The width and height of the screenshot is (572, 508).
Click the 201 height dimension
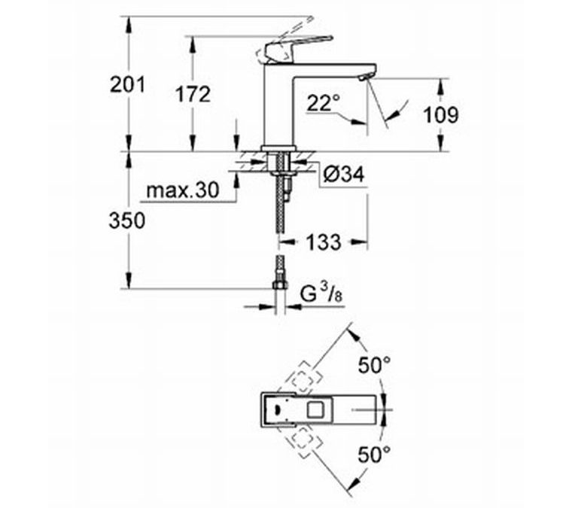pyautogui.click(x=128, y=84)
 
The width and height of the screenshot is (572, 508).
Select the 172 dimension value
pyautogui.click(x=193, y=94)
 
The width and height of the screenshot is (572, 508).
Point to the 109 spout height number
pyautogui.click(x=441, y=115)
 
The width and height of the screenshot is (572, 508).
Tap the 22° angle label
pyautogui.click(x=323, y=103)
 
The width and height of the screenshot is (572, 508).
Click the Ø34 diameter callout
pyautogui.click(x=344, y=175)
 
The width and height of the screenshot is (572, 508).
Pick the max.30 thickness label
pyautogui.click(x=182, y=190)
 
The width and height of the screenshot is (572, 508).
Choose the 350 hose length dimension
pyautogui.click(x=127, y=221)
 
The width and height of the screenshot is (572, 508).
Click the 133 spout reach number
pyautogui.click(x=324, y=242)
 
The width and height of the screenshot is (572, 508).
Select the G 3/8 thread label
pyautogui.click(x=322, y=294)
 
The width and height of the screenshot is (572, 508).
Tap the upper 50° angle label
pyautogui.click(x=374, y=366)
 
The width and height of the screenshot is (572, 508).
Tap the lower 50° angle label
pyautogui.click(x=374, y=454)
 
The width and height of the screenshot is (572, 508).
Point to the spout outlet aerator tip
pyautogui.click(x=365, y=77)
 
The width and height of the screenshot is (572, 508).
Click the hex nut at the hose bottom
pyautogui.click(x=280, y=284)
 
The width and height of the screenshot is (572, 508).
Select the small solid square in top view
pyautogui.click(x=315, y=409)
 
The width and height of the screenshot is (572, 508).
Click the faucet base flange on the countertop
pyautogui.click(x=278, y=148)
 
